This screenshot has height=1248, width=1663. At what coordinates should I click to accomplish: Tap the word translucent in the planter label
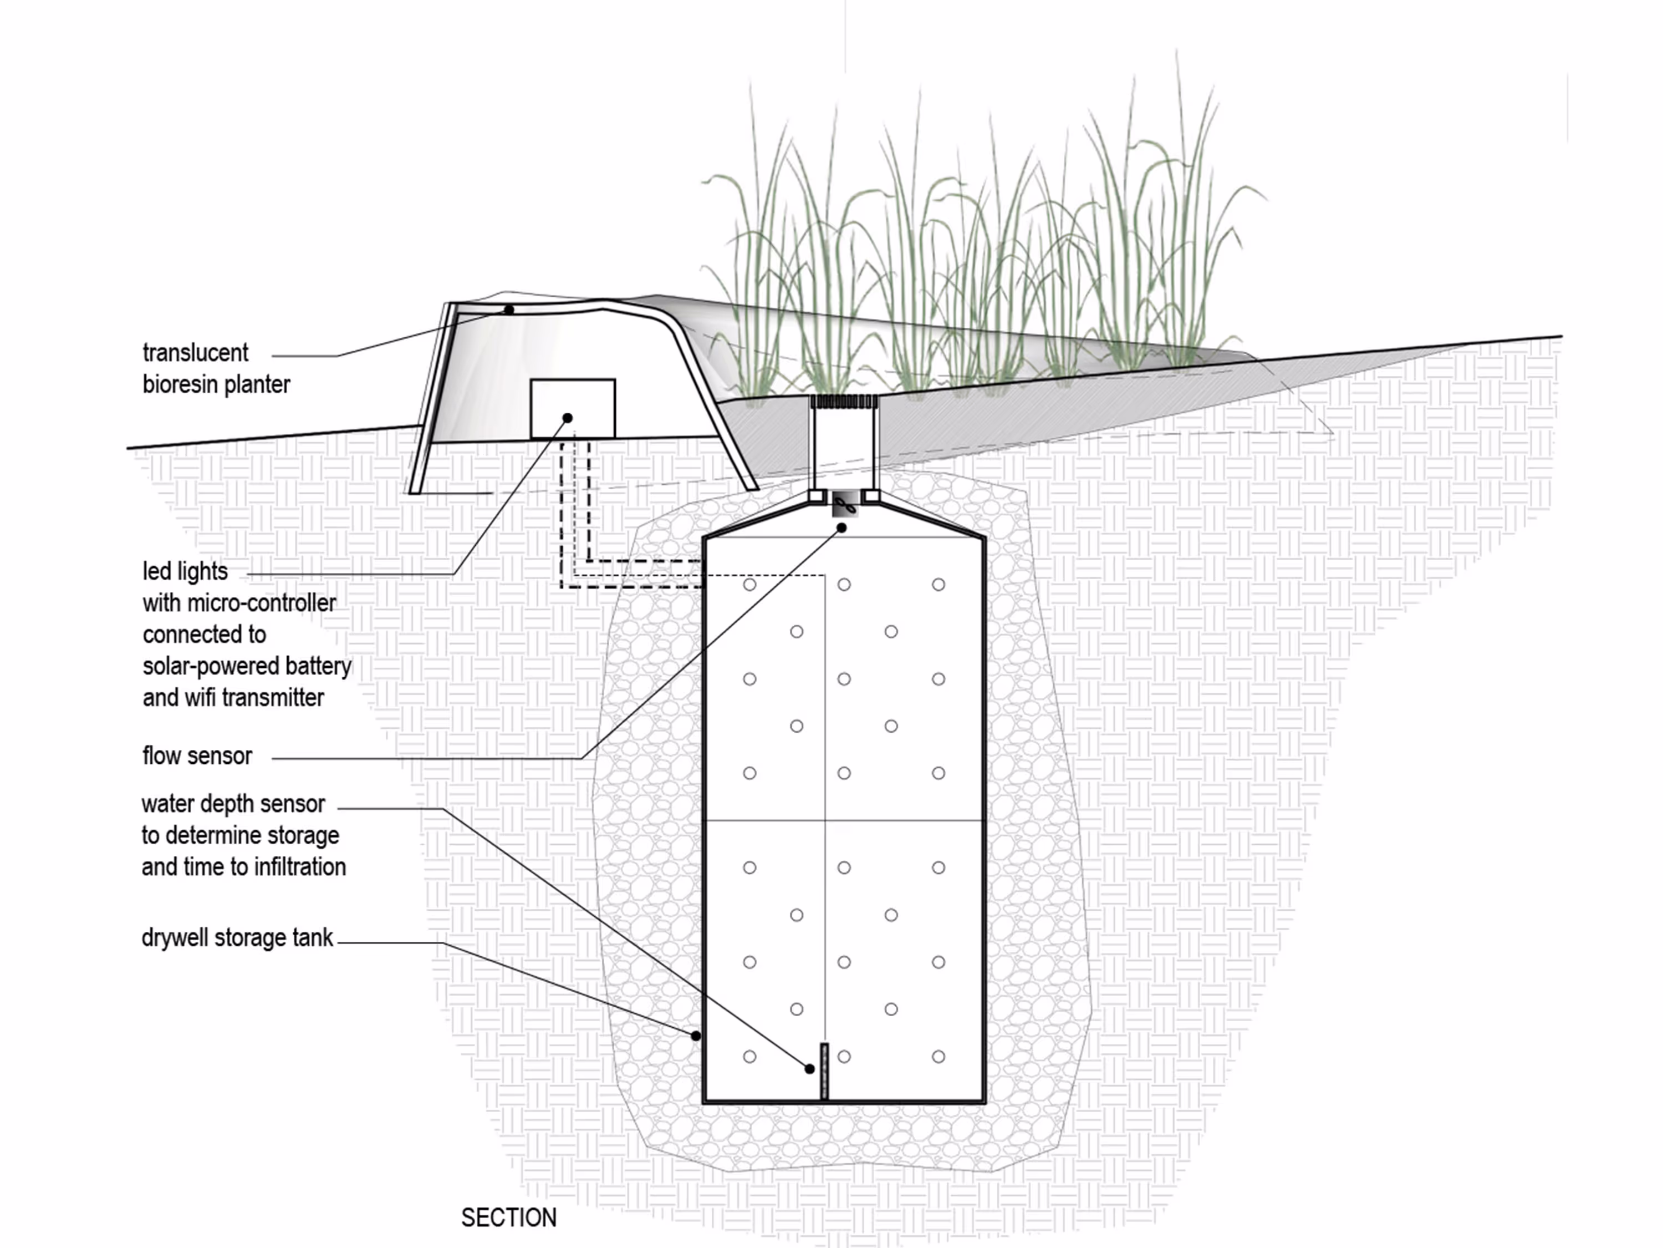(196, 353)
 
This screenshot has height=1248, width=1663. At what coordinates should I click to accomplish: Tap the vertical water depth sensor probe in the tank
(824, 1071)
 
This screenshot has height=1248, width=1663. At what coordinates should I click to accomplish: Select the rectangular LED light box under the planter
(573, 409)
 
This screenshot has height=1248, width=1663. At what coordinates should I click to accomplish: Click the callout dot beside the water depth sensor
(810, 1068)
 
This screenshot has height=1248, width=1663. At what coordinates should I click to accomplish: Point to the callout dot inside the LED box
(568, 418)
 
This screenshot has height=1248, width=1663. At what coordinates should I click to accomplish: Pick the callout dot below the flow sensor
(842, 528)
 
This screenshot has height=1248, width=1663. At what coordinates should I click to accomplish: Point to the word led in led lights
(156, 572)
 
